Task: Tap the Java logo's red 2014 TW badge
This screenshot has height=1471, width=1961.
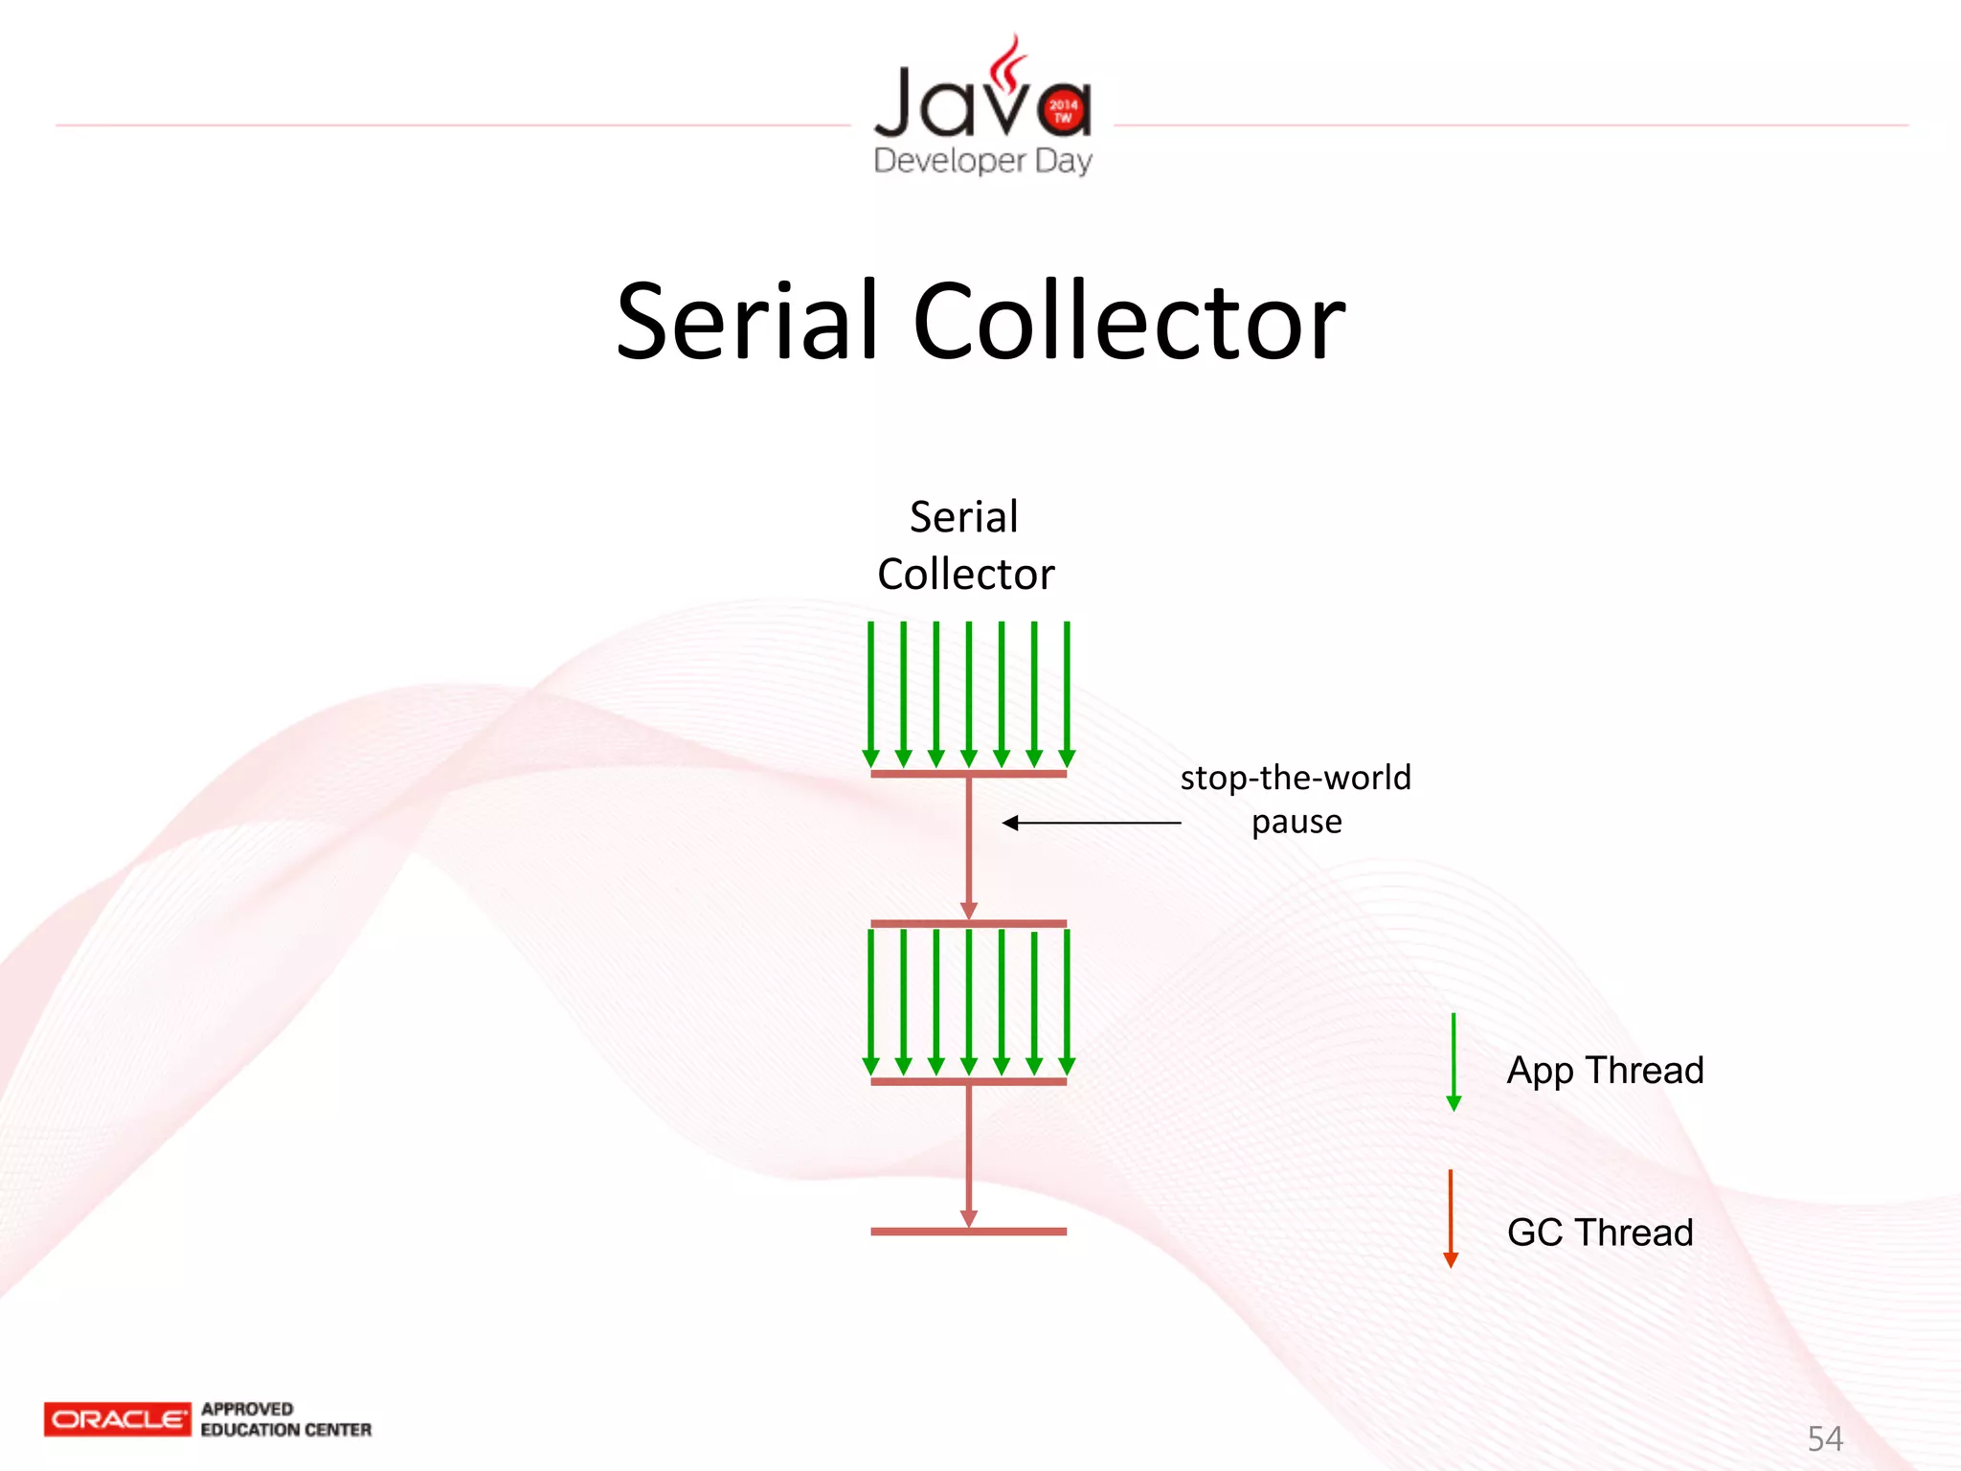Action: point(1063,110)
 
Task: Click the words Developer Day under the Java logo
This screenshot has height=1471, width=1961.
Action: point(982,161)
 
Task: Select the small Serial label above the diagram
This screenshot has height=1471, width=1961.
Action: point(963,517)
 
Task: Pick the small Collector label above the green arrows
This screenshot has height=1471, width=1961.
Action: point(965,575)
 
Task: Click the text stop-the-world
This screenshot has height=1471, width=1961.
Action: point(1296,778)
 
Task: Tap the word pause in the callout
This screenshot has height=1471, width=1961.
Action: point(1296,822)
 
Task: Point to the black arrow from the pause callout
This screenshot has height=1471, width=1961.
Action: point(1092,823)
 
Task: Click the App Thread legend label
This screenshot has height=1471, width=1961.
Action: point(1605,1070)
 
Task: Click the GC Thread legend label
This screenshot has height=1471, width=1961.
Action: point(1600,1233)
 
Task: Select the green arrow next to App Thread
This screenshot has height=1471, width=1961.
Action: point(1454,1061)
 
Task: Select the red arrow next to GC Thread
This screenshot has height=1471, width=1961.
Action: point(1451,1218)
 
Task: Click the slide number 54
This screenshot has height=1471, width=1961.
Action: point(1824,1438)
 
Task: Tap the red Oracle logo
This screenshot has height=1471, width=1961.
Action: point(117,1419)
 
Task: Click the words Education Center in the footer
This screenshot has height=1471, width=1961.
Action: point(285,1430)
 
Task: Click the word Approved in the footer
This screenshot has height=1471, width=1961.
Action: point(247,1409)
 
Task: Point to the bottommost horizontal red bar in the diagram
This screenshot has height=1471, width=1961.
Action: point(968,1232)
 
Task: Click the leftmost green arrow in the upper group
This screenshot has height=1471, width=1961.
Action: point(870,694)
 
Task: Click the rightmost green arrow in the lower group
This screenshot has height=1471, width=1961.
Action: point(1067,1001)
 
